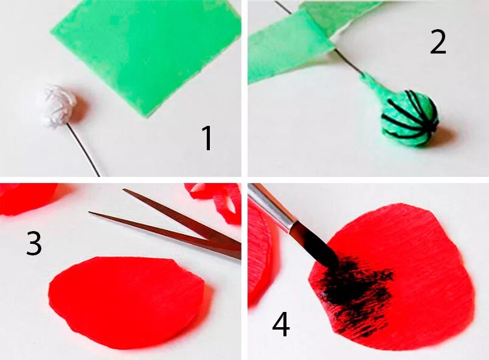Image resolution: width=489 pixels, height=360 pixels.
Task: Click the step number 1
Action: pos(206,138)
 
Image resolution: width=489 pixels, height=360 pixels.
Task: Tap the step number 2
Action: pos(438,43)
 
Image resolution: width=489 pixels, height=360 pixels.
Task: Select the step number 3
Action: pos(33,244)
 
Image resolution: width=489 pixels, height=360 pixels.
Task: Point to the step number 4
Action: pos(281,325)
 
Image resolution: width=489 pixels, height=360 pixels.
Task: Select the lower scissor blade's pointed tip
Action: pos(89,213)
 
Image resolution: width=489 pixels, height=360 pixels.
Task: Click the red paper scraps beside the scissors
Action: pos(215,201)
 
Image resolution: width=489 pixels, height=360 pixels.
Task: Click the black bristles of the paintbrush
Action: pos(315,246)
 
